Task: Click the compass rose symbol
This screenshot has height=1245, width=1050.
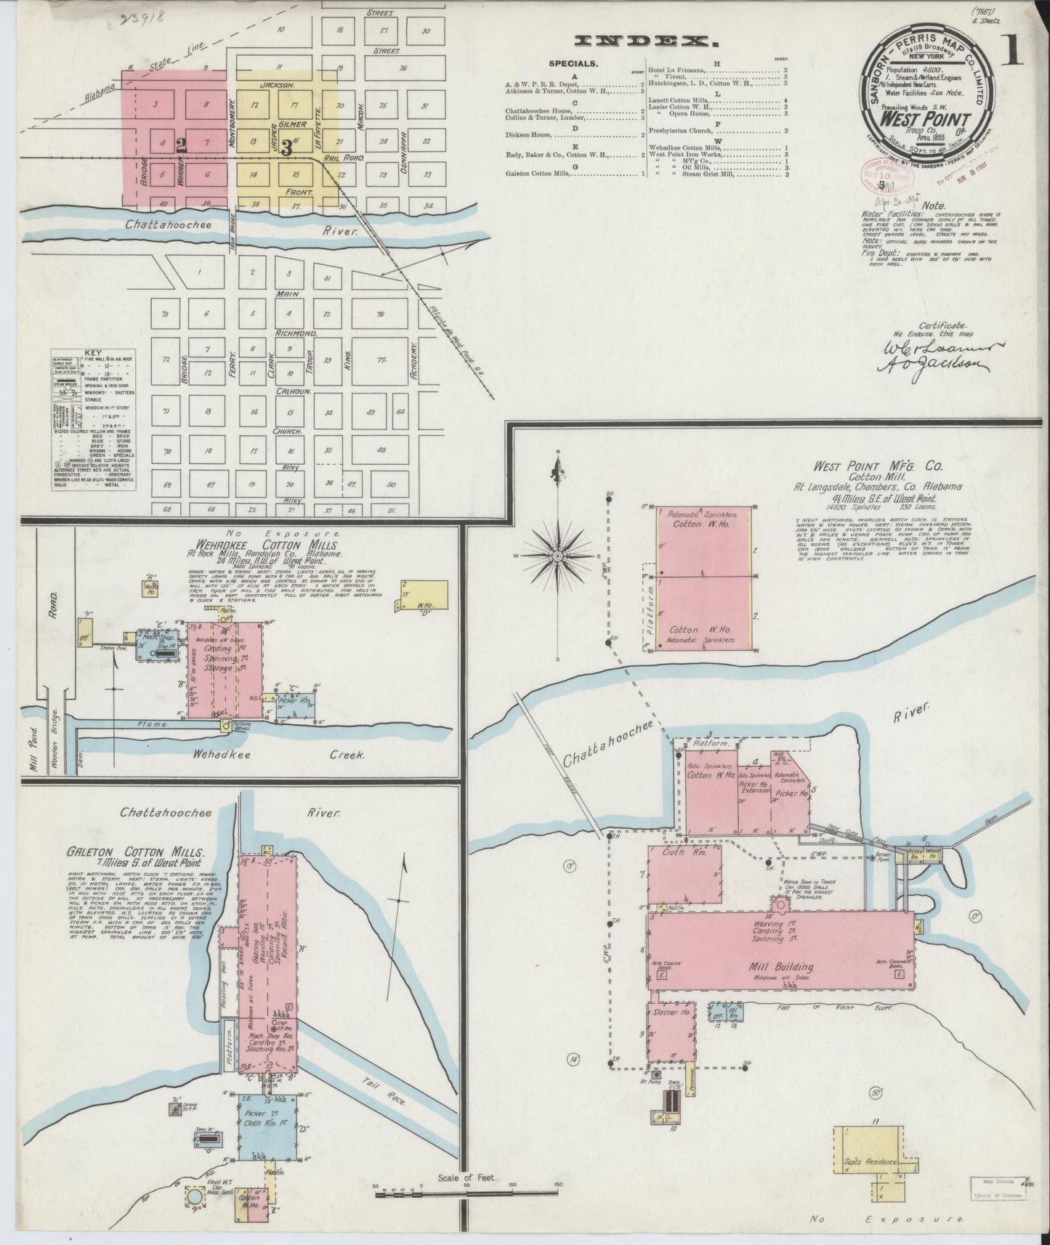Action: tap(557, 556)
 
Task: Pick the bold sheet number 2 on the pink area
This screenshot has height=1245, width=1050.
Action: tap(180, 145)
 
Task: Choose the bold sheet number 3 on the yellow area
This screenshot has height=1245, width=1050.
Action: tap(286, 147)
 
